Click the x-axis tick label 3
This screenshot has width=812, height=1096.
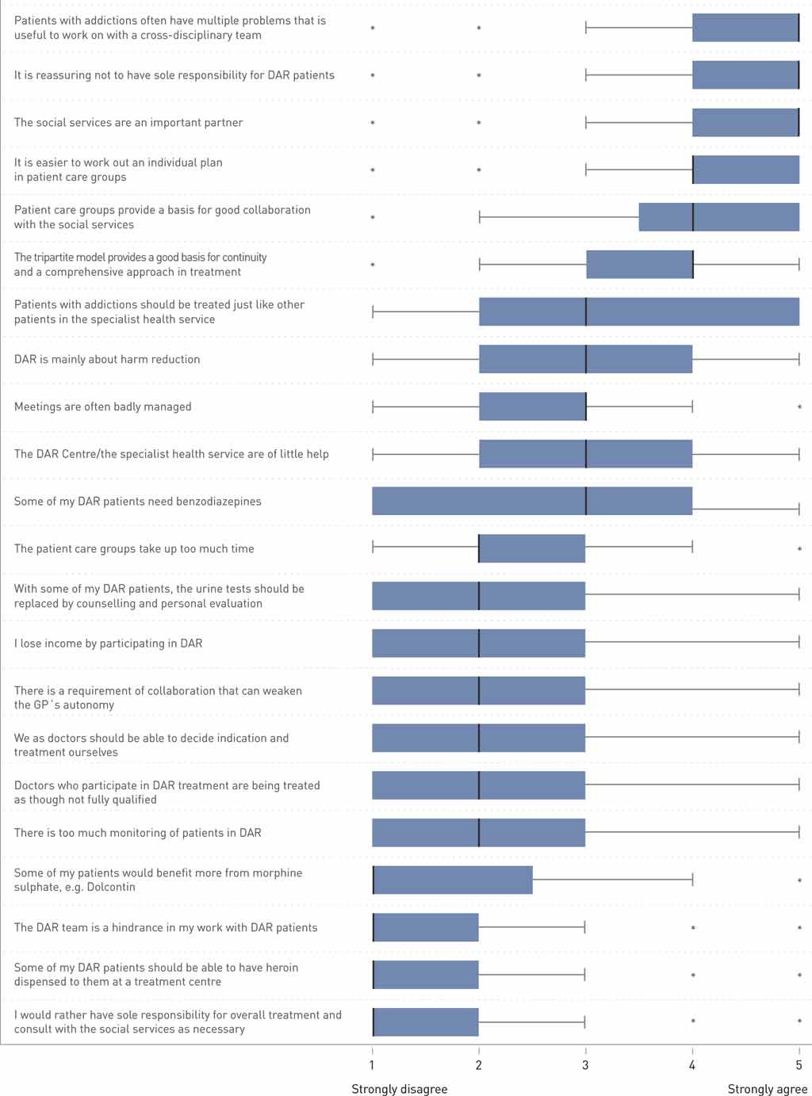585,1065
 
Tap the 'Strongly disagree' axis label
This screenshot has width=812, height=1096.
399,1089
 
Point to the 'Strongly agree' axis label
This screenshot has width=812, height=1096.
767,1089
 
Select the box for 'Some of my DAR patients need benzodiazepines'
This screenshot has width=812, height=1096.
532,501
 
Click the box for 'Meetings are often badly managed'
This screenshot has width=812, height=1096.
532,407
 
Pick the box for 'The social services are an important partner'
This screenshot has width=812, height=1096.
745,123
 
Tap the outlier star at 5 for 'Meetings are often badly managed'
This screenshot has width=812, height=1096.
799,407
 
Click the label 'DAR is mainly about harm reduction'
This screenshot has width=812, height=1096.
107,359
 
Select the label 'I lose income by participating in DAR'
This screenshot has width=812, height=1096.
108,643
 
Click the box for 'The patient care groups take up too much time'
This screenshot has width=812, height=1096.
532,548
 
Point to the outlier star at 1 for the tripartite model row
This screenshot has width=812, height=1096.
373,265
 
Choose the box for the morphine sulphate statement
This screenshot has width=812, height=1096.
453,880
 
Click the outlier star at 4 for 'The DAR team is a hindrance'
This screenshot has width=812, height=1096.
693,928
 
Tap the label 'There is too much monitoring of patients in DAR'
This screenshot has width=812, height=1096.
137,833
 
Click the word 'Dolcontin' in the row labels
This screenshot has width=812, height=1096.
110,887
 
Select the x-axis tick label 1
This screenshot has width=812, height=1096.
372,1065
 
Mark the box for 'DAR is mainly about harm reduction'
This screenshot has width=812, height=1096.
585,359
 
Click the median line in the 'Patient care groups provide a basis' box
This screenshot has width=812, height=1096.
693,217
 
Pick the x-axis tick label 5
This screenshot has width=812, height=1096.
799,1065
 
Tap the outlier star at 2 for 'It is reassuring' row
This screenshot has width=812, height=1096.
479,76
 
